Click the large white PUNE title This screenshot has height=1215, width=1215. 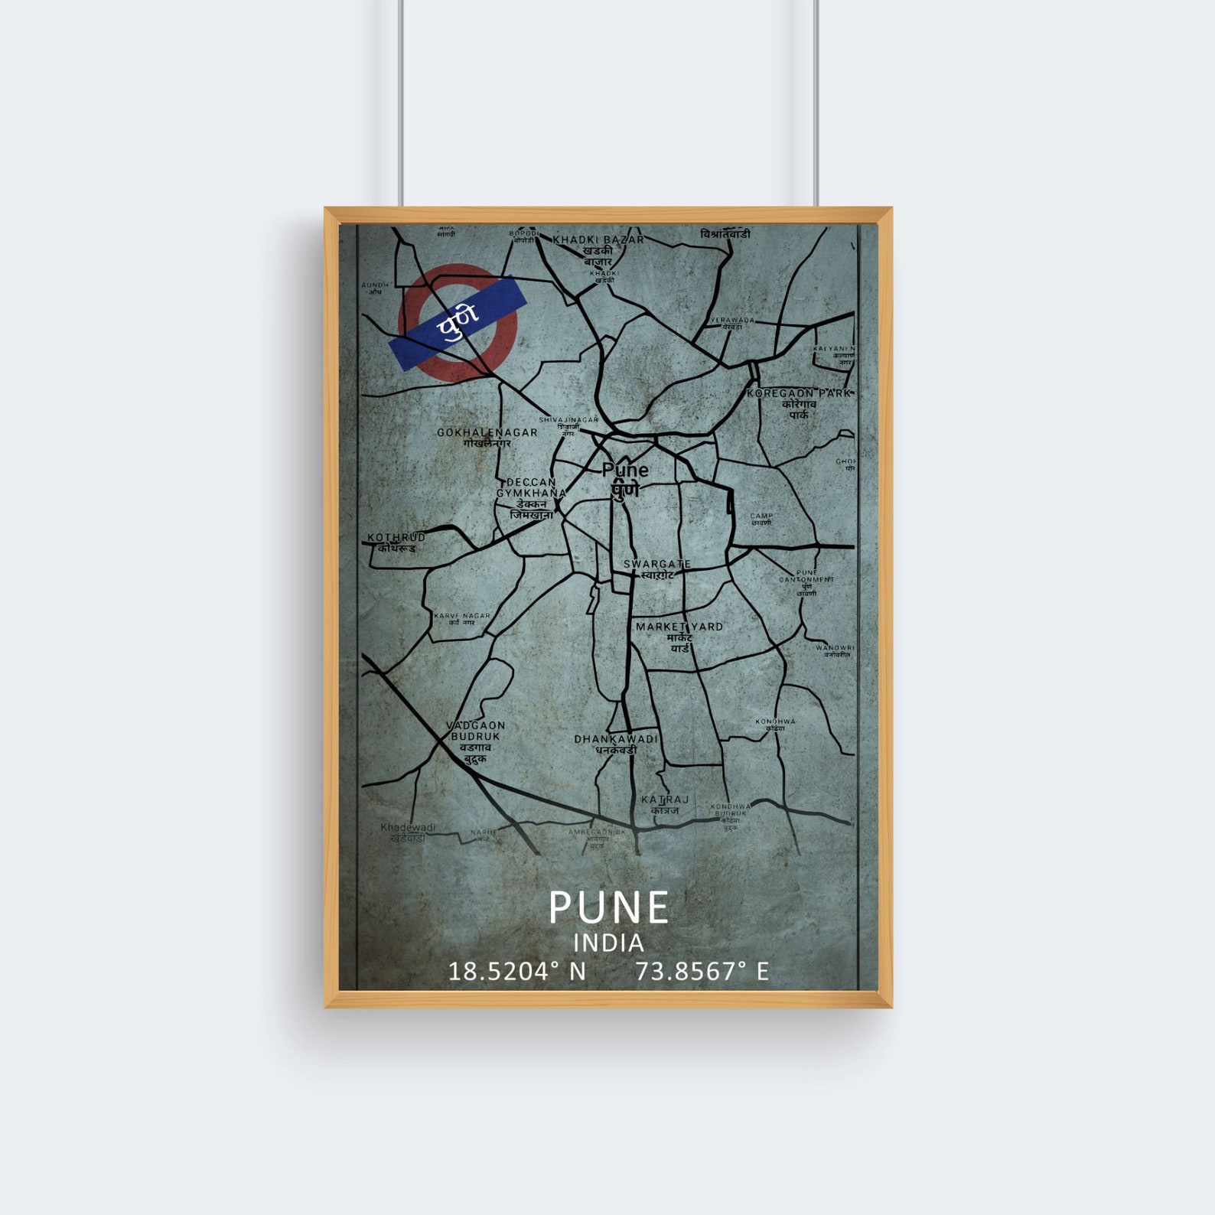tap(608, 908)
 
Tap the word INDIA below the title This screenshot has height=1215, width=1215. tap(608, 943)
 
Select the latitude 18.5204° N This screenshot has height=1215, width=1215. tap(516, 972)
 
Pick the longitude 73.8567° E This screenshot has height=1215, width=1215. tap(702, 972)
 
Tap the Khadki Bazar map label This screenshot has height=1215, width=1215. tap(598, 239)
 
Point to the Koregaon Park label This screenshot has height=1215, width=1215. tap(799, 393)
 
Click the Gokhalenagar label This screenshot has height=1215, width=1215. tap(487, 433)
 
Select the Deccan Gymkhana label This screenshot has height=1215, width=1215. tap(531, 487)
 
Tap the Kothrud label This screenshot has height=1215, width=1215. tap(396, 538)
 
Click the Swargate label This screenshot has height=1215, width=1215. tap(656, 564)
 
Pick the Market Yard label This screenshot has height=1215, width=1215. tap(679, 627)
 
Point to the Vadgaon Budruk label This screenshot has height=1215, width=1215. tap(476, 731)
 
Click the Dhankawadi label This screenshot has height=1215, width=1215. tap(616, 739)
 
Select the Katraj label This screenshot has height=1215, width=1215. tap(665, 800)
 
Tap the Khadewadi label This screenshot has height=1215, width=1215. tap(408, 828)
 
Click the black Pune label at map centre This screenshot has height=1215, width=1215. tap(624, 470)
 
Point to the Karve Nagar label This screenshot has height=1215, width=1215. tap(462, 616)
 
